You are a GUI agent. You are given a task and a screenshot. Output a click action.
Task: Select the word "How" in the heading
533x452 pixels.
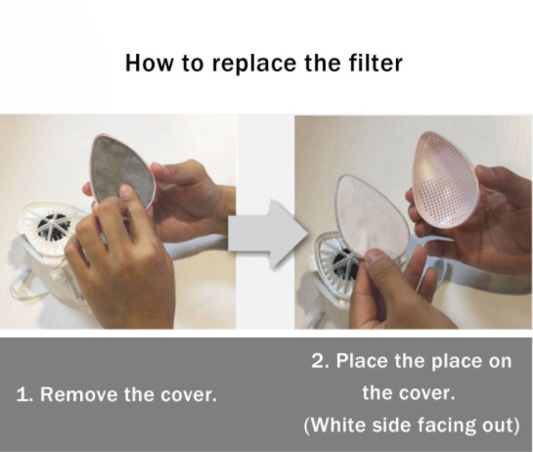[150, 63]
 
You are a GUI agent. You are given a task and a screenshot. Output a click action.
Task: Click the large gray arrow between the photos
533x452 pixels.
[268, 235]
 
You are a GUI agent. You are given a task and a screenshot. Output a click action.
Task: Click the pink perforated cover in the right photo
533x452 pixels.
[446, 179]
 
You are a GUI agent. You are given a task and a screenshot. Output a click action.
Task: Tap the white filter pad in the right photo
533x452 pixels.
[373, 217]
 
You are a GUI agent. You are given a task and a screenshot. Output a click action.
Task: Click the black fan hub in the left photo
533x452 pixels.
[54, 225]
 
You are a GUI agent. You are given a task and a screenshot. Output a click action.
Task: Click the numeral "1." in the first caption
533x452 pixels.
[24, 395]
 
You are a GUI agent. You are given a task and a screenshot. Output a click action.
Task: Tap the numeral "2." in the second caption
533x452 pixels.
[320, 361]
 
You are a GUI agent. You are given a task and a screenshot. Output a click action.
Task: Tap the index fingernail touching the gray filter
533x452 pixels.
[126, 191]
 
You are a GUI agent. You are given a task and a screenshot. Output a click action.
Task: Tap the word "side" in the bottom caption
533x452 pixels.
[392, 426]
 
